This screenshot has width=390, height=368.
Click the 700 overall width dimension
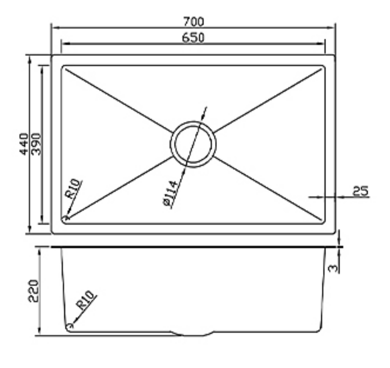click(x=193, y=22)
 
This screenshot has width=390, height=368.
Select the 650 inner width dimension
click(x=193, y=38)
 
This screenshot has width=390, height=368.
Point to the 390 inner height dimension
click(x=37, y=144)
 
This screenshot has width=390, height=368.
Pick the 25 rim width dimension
click(x=361, y=191)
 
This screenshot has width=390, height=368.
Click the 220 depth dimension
click(x=33, y=291)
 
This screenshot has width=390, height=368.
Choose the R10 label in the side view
click(x=85, y=300)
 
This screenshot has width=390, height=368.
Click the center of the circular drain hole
click(x=193, y=144)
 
